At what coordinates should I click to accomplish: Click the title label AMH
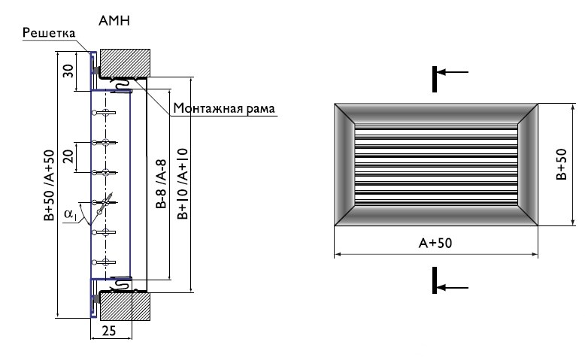coord(114,21)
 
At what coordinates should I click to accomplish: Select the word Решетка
coord(47,33)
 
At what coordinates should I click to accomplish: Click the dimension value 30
coord(68,71)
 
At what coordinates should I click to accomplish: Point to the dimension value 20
coord(68,157)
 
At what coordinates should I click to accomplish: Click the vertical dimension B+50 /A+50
coord(50,185)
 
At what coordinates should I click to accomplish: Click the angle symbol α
coord(69,215)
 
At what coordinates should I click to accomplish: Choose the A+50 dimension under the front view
coord(435,244)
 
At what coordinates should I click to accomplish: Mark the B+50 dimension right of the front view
coord(562,164)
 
